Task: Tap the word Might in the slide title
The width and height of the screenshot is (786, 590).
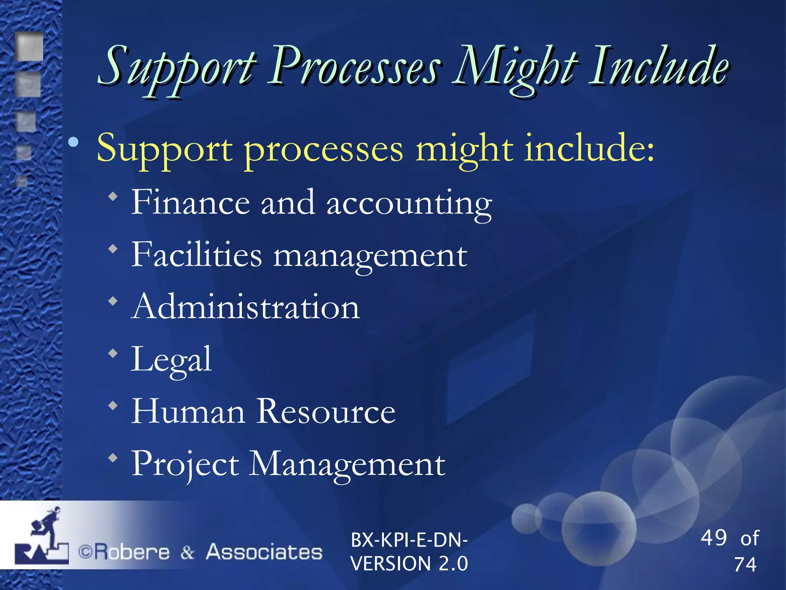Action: click(514, 67)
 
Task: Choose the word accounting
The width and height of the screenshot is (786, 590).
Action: click(409, 204)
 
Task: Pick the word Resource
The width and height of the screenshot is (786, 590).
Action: click(326, 411)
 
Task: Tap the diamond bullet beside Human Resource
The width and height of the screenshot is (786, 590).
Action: click(113, 406)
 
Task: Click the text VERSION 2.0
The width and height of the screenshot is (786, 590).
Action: click(409, 563)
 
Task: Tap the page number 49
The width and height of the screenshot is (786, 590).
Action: click(713, 537)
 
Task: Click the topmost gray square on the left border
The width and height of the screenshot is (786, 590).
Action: click(30, 46)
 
